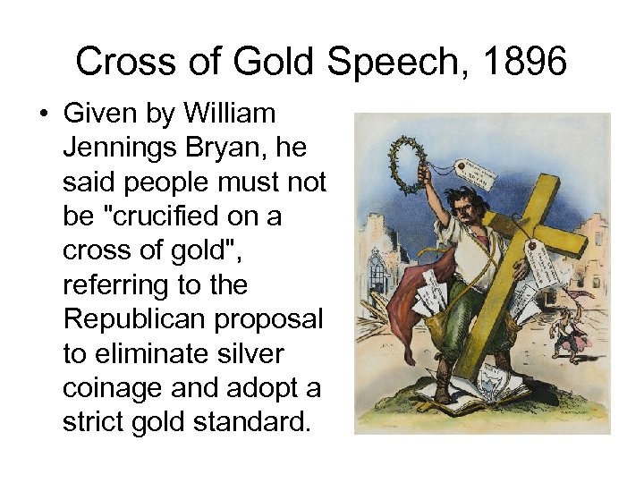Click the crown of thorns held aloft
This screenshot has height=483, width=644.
coord(409,165)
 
